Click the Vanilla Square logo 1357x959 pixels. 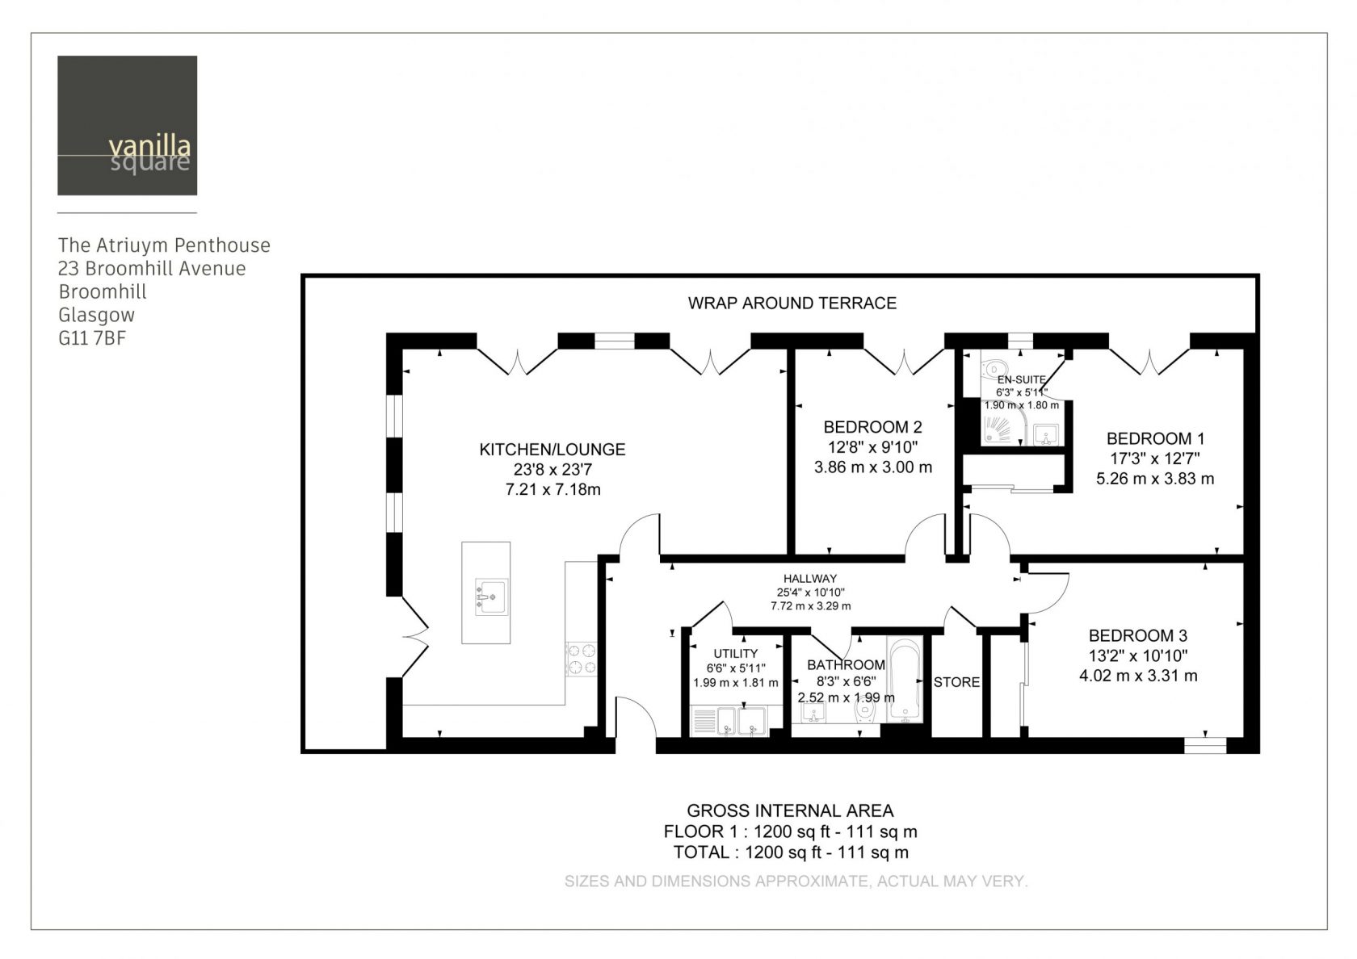[128, 125]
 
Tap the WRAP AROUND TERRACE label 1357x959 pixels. [792, 304]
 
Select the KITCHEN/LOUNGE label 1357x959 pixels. [552, 449]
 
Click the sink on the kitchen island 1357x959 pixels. [491, 597]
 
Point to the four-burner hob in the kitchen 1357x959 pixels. [582, 660]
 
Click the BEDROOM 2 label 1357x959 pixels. [872, 428]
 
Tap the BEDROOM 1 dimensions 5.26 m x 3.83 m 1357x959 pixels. [1155, 479]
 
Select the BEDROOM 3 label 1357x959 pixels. [1137, 636]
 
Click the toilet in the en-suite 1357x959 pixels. [994, 366]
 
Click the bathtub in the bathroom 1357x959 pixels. [905, 680]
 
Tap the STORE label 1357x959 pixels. [956, 682]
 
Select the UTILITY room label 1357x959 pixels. [735, 654]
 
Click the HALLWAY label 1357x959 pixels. [810, 579]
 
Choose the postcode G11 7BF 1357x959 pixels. [92, 338]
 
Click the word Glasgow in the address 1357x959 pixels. [96, 316]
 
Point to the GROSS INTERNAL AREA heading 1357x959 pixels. [790, 811]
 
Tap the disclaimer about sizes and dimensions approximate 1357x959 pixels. [796, 882]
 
